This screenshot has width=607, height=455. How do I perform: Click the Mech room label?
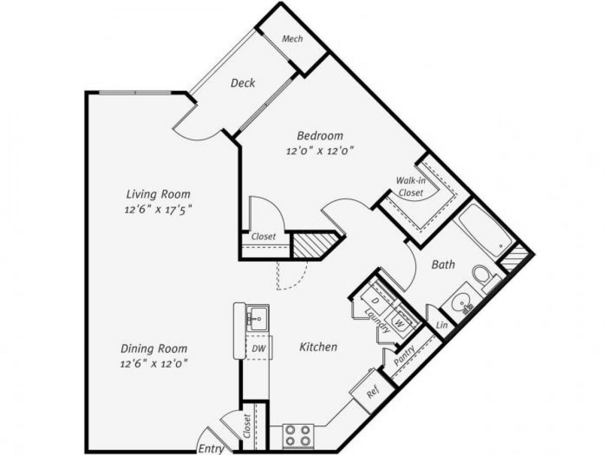tap(292, 38)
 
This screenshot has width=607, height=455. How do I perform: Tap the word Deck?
tap(243, 83)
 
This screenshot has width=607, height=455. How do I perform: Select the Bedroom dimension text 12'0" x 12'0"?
tap(320, 150)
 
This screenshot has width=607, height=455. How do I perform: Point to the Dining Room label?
tap(154, 348)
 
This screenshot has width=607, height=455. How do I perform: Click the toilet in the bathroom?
tap(483, 277)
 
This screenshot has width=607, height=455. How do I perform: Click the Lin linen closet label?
tap(441, 325)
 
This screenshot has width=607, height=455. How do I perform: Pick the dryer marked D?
tap(375, 300)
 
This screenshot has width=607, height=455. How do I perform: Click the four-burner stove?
tap(298, 435)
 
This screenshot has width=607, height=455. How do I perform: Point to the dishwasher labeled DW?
tap(257, 348)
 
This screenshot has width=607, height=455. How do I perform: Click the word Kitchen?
tap(318, 347)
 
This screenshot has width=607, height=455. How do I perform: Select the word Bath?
tap(443, 264)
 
